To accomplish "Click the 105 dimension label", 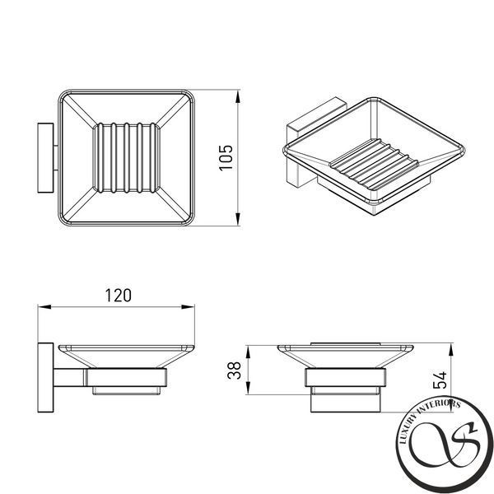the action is point(226,158).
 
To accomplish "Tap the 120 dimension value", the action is point(118,296).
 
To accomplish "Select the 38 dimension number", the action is point(234,370).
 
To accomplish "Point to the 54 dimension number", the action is point(440,380).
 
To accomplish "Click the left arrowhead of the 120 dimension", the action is point(44,306).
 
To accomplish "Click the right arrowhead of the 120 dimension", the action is point(188,306).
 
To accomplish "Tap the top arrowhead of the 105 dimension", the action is point(238,96).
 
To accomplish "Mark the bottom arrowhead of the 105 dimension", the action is point(238,219).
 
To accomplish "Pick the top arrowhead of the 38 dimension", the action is point(249,352).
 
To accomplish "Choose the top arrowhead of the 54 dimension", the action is point(451,350).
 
